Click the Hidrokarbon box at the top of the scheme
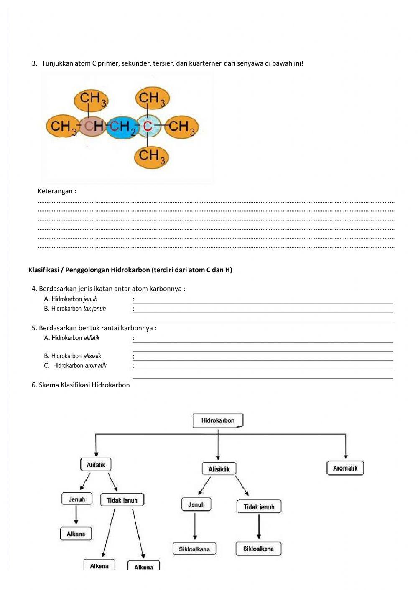click(x=218, y=420)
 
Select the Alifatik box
click(x=96, y=465)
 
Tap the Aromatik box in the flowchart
click(x=345, y=468)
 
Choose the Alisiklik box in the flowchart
click(x=219, y=469)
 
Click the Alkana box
click(x=76, y=534)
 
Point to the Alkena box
click(x=99, y=566)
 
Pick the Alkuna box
click(x=144, y=567)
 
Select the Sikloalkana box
click(x=194, y=549)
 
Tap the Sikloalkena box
click(x=258, y=549)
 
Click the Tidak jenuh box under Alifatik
click(x=122, y=500)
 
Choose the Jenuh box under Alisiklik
click(x=196, y=504)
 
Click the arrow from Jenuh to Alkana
click(x=76, y=515)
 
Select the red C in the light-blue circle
click(x=147, y=126)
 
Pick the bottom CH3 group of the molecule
click(x=151, y=157)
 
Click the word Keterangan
click(x=57, y=191)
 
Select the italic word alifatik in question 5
click(x=91, y=338)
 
